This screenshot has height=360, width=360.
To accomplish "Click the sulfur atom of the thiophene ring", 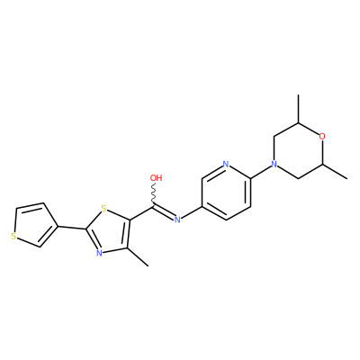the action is coord(13,236).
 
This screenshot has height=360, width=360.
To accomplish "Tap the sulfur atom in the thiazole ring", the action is coord(103,208).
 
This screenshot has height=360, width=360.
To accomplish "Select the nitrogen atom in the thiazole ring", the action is coord(99,253).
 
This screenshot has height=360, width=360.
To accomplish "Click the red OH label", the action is coord(156,178).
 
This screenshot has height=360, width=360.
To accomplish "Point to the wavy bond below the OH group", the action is coord(155,194).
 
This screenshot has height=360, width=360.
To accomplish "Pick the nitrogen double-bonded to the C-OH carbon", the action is coord(177,220).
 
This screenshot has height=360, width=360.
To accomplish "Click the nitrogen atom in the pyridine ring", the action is coord(226,164).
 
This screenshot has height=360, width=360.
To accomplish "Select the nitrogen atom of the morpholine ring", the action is coord(274,164).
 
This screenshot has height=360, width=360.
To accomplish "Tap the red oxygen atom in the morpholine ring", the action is coord(322,137).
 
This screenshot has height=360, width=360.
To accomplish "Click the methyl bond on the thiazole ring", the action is coord(139,257).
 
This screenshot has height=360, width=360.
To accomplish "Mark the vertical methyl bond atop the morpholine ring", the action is coord(298,109).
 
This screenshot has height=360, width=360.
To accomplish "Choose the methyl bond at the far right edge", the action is coord(335,172).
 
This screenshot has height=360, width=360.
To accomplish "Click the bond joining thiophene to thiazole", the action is coord(72,228).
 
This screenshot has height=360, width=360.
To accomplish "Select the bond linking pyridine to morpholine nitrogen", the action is coord(260,172).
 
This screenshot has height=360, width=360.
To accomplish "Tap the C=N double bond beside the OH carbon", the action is coord(164,212).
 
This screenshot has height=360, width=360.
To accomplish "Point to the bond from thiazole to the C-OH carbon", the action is coord(142,213).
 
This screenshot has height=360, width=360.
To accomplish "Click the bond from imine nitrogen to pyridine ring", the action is coord(192,212).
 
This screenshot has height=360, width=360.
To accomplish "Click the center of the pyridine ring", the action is coord(226,193).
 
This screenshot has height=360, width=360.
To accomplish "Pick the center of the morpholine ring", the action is coord(298,150).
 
